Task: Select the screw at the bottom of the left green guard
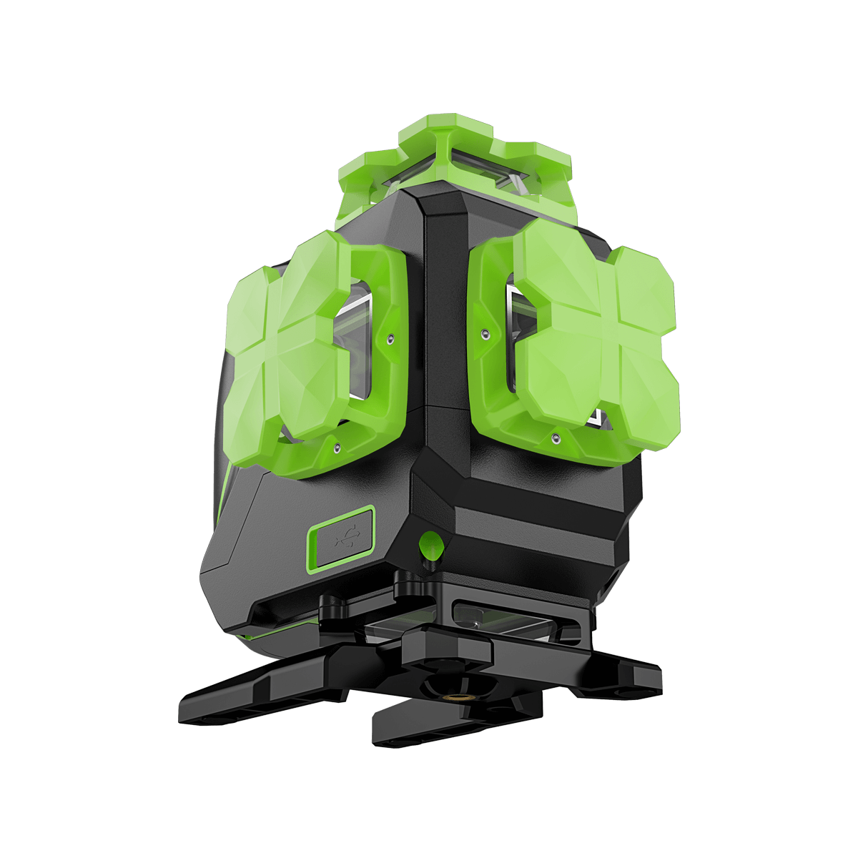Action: pos(335,448)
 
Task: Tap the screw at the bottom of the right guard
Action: pos(555,435)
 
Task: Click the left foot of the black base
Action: pos(236,697)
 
